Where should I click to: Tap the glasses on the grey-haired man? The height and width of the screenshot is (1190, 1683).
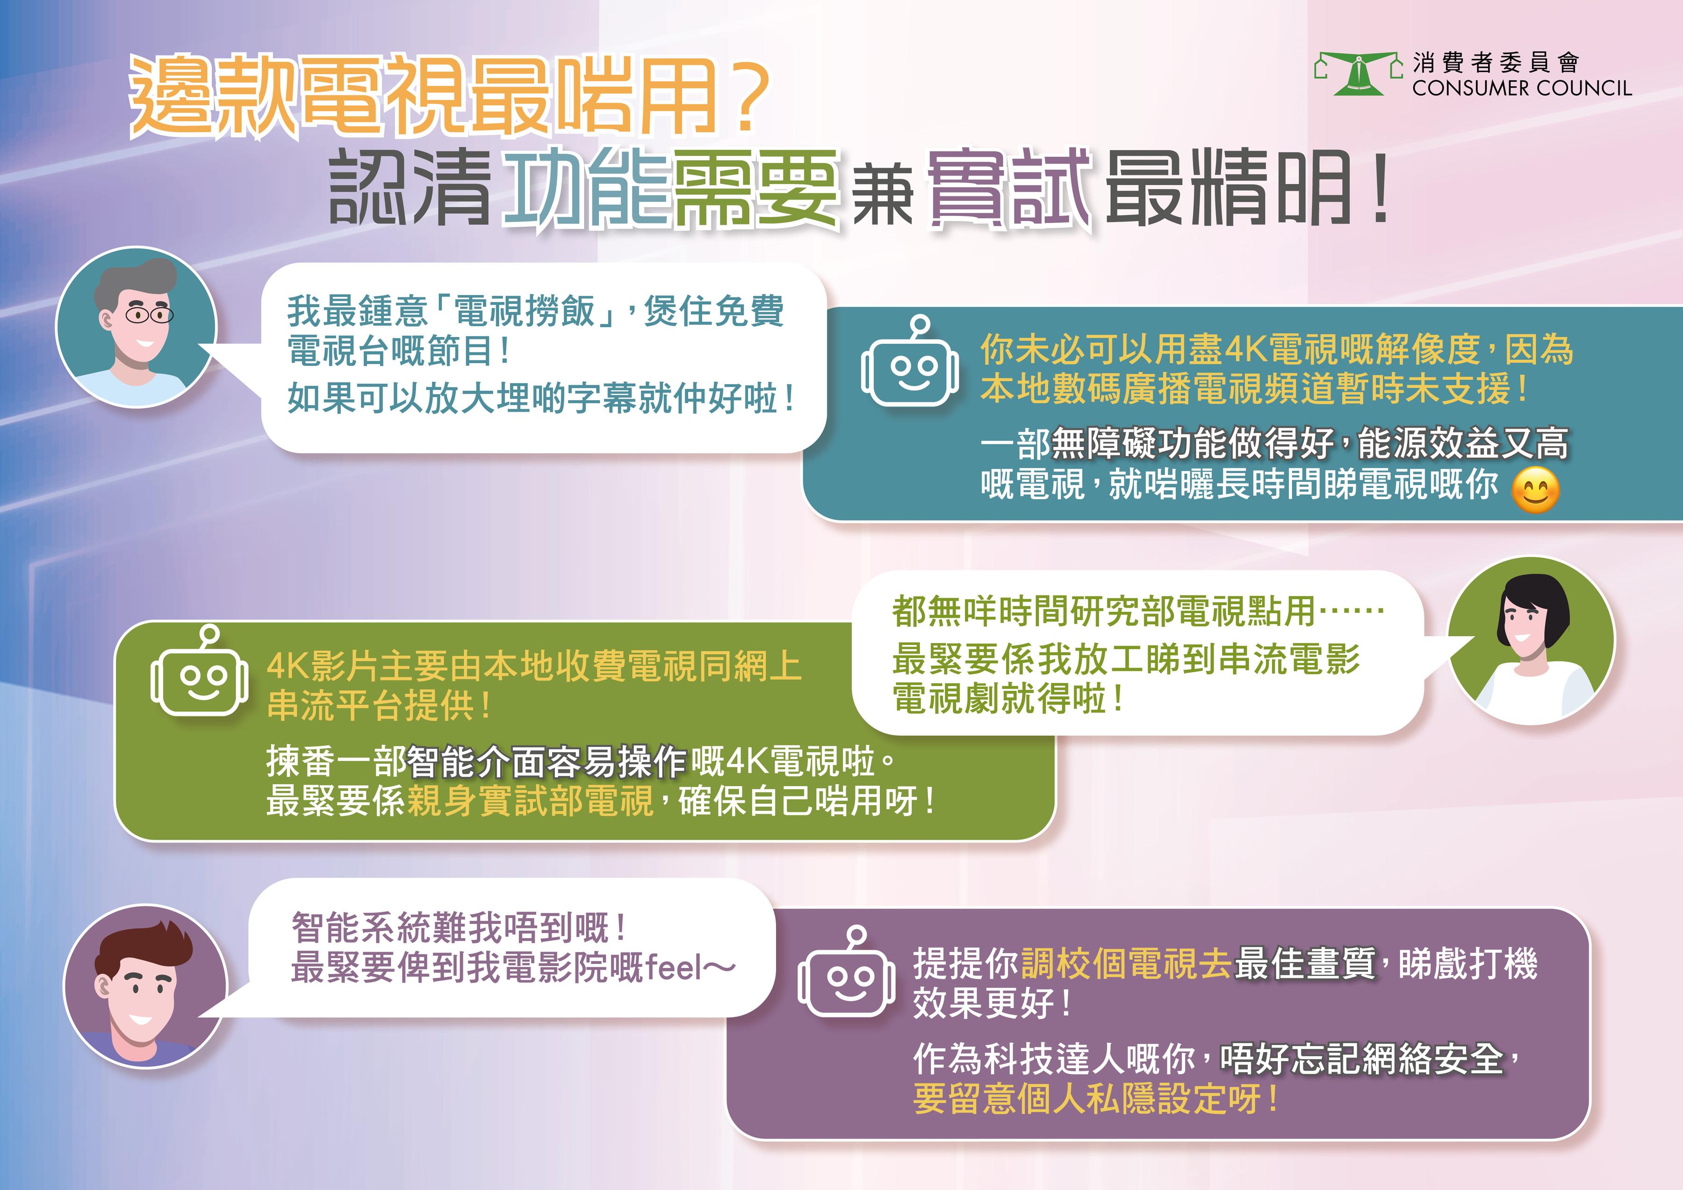tap(149, 315)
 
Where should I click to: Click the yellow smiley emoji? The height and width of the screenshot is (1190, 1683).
tap(1536, 489)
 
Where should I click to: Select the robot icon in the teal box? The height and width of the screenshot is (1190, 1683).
tap(910, 362)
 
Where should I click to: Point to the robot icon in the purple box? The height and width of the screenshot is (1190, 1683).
tap(847, 972)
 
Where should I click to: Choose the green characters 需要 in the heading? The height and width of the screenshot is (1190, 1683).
tap(756, 189)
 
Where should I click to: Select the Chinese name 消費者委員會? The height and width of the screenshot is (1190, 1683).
tap(1496, 63)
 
